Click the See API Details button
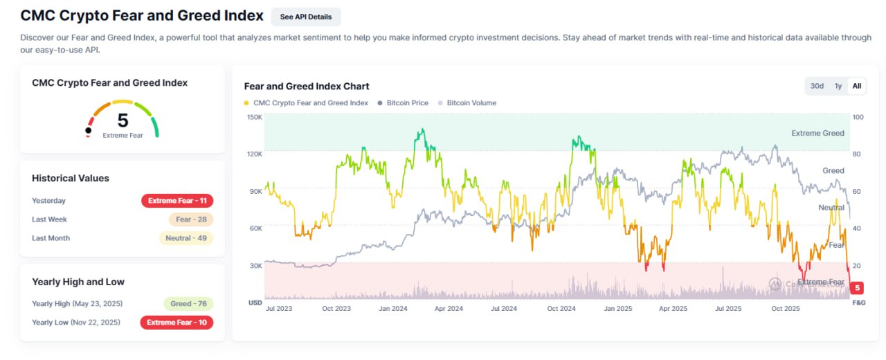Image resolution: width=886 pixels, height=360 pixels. (306, 17)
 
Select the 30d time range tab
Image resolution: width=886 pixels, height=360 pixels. (817, 86)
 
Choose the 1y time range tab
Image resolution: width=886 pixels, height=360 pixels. (838, 86)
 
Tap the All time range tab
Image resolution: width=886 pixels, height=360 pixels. (857, 86)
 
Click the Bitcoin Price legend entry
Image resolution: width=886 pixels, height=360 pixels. (407, 103)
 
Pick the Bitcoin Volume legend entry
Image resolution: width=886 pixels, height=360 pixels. (471, 103)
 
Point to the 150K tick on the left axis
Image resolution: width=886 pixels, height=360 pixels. (254, 117)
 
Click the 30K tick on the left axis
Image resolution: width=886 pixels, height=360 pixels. (255, 266)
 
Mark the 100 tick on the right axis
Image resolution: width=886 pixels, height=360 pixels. (858, 117)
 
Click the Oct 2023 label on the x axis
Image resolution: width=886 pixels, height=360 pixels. (336, 309)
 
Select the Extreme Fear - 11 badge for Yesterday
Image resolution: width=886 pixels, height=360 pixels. (177, 201)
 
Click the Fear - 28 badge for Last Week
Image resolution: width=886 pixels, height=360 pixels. (190, 219)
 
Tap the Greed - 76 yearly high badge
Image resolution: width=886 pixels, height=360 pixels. (188, 303)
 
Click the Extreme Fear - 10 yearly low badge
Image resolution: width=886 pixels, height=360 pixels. (177, 322)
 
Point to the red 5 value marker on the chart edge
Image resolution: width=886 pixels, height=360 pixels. (858, 288)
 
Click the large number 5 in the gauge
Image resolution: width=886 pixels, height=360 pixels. (123, 120)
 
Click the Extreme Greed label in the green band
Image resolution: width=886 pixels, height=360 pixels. (817, 133)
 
